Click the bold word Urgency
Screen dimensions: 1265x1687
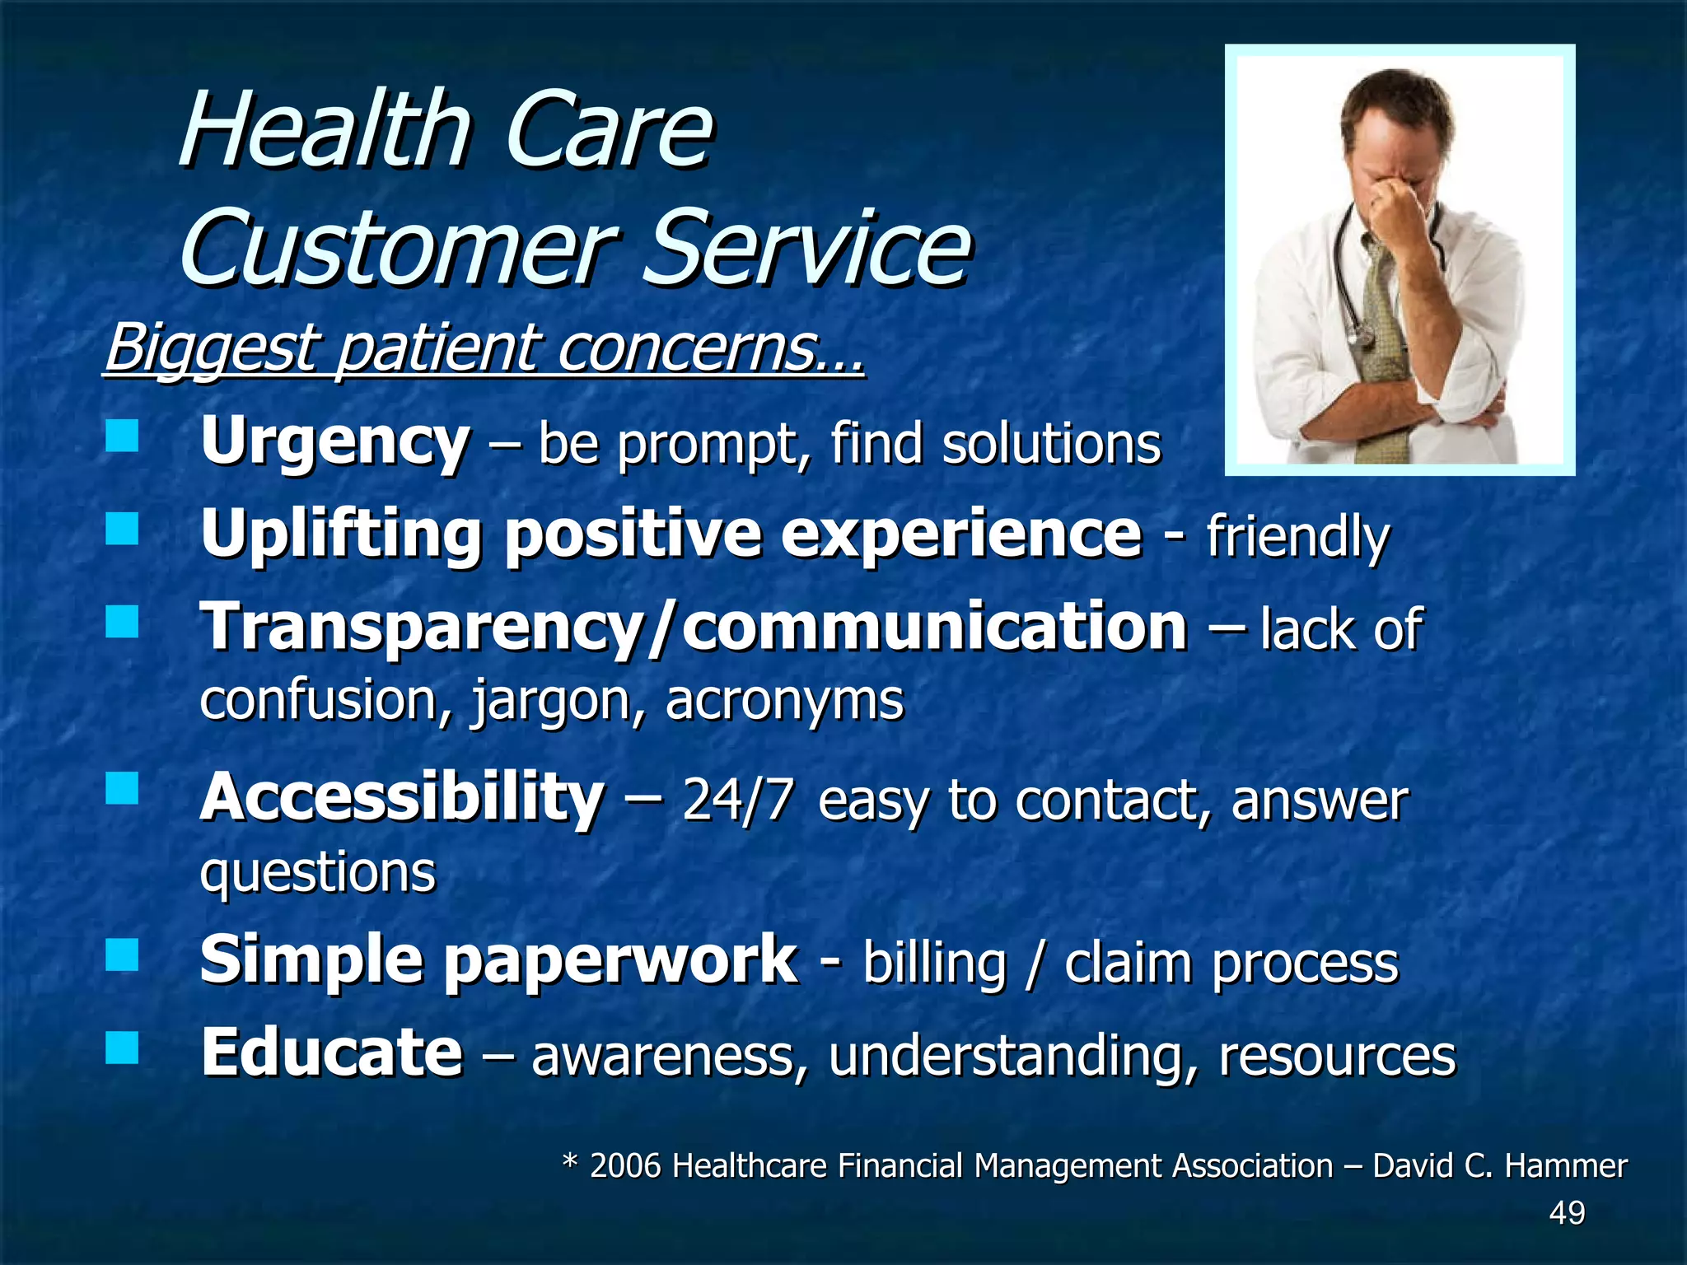point(335,442)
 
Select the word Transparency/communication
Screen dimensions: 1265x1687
point(694,627)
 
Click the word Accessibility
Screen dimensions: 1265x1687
point(402,797)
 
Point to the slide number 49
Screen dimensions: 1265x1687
point(1567,1213)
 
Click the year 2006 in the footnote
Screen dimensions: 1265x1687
point(625,1166)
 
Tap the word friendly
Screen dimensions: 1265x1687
point(1298,537)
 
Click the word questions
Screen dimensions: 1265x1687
point(317,873)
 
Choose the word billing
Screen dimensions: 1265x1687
point(935,963)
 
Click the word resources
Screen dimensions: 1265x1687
point(1337,1055)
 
